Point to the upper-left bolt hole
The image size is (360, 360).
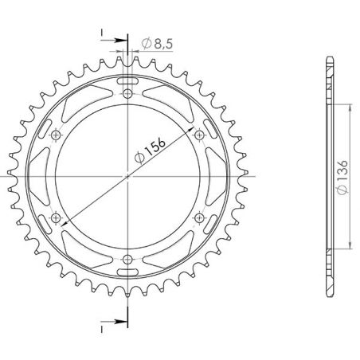[x=56, y=135]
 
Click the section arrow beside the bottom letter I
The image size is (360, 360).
[x=120, y=323]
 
